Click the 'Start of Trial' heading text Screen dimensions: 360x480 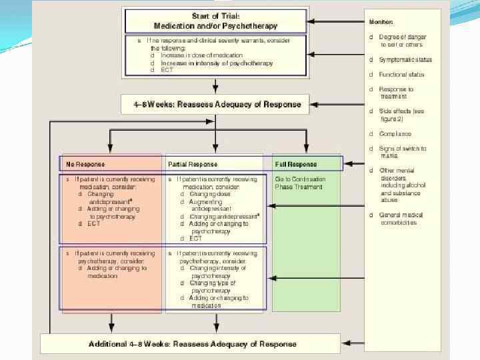click(x=215, y=16)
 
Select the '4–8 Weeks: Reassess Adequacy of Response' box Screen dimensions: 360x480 click(x=215, y=104)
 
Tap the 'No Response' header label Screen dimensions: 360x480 click(x=85, y=164)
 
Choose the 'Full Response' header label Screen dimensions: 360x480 click(x=296, y=164)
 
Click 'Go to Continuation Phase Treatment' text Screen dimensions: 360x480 click(x=300, y=183)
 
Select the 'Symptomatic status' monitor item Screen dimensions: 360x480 click(x=405, y=59)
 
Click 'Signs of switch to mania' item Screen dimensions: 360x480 click(x=402, y=152)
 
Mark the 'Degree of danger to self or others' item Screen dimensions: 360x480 click(x=402, y=41)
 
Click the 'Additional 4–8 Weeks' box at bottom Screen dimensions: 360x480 click(x=193, y=344)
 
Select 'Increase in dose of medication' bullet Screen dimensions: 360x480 click(x=194, y=55)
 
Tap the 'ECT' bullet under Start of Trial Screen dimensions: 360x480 click(x=167, y=70)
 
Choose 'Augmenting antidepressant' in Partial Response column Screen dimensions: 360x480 click(x=211, y=205)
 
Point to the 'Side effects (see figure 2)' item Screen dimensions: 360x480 click(x=401, y=115)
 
